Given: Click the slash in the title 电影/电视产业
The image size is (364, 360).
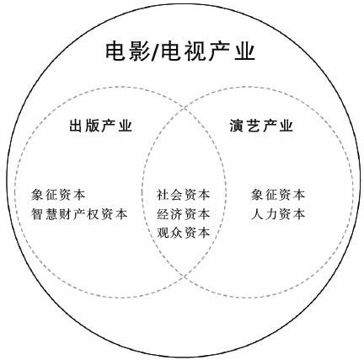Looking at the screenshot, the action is [155, 51].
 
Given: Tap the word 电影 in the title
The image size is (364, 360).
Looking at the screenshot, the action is [128, 51].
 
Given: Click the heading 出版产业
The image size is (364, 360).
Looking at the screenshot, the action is [101, 126].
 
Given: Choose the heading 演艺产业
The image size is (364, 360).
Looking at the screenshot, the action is [261, 126].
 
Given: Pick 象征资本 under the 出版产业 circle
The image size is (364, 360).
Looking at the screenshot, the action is [58, 195].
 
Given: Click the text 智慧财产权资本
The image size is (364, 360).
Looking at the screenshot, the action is [79, 214].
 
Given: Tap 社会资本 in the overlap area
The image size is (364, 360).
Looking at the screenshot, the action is [184, 195].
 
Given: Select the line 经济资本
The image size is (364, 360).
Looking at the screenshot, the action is [184, 214].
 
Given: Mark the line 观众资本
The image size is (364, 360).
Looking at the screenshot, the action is [184, 233].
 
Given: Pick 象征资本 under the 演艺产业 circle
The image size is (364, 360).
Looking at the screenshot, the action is [278, 195].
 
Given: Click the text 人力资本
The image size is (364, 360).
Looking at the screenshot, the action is [278, 214].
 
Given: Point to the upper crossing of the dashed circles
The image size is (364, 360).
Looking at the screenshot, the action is [185, 108].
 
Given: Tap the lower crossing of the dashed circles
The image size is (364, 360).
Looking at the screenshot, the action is [185, 277].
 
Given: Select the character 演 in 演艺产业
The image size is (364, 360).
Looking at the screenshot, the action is [237, 126].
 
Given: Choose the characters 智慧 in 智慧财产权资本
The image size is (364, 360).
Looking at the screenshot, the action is [45, 214].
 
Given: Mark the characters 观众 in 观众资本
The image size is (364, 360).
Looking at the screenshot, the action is [169, 233].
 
